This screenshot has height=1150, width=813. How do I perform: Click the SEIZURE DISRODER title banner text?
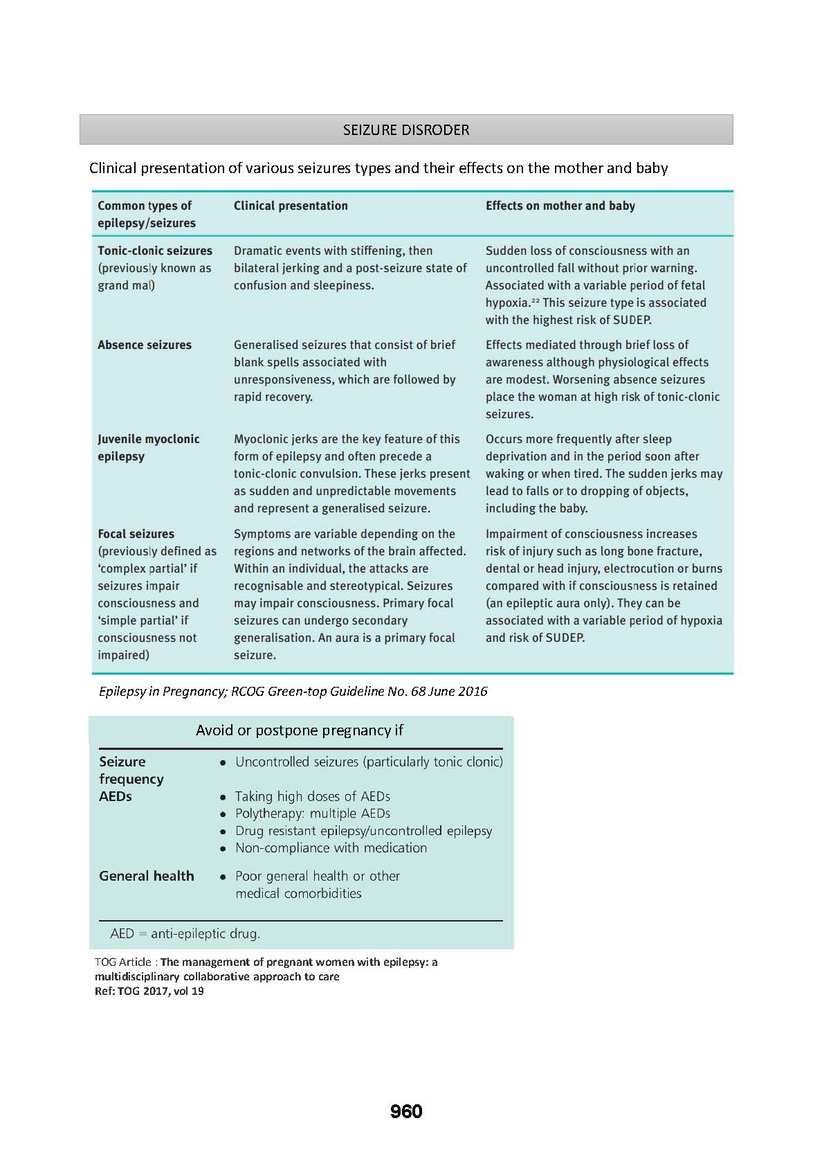tap(405, 130)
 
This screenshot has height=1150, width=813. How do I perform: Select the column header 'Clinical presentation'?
tap(291, 206)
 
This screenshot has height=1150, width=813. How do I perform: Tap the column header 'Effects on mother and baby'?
tap(560, 206)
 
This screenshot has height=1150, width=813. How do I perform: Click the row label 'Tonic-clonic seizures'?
tap(155, 251)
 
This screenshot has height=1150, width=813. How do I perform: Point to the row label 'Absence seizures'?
tap(145, 345)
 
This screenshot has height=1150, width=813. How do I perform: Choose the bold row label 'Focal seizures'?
tap(136, 534)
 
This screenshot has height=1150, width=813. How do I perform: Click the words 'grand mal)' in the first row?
tap(127, 285)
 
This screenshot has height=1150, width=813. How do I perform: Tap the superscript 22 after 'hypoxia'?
tap(534, 300)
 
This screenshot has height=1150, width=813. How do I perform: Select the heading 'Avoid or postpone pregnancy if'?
tap(299, 730)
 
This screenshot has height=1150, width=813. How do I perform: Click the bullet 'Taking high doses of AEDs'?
tap(313, 796)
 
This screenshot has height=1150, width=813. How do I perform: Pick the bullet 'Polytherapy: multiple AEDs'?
tap(313, 814)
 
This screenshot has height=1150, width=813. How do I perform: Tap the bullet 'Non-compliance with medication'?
tap(331, 848)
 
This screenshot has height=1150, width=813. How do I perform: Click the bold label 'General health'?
tap(147, 876)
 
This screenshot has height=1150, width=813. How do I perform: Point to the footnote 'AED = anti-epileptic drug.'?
tap(185, 933)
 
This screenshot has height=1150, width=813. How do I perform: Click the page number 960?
tap(406, 1111)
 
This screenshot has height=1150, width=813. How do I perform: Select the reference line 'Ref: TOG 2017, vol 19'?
tap(149, 991)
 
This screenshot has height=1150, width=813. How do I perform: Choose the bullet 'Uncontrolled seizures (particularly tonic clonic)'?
tap(369, 762)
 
